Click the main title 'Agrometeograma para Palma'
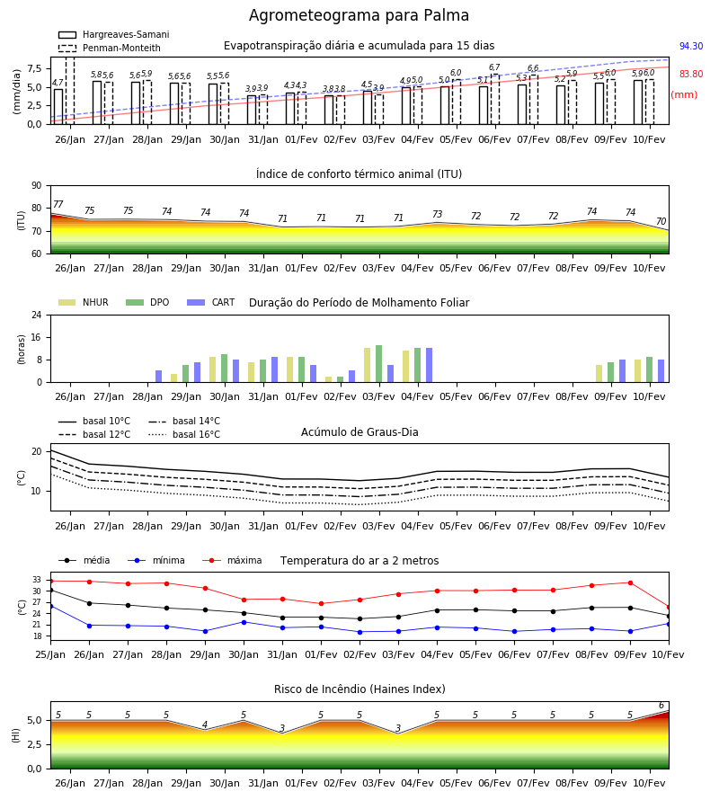[359, 15]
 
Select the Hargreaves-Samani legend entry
[114, 34]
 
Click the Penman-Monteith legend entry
[110, 48]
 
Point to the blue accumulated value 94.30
[691, 46]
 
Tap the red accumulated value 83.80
[691, 74]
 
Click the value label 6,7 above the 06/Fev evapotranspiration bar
[494, 67]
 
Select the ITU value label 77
[58, 204]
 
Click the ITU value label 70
[661, 221]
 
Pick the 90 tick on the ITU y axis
[37, 186]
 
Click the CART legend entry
[211, 302]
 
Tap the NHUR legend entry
[84, 302]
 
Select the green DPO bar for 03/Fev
[378, 364]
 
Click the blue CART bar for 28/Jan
[158, 376]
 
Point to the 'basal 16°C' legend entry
[184, 434]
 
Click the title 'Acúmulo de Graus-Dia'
[359, 431]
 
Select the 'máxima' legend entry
[232, 560]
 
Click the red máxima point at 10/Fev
[669, 608]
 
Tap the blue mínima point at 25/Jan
[50, 606]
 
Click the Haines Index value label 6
[661, 706]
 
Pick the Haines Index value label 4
[205, 725]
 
